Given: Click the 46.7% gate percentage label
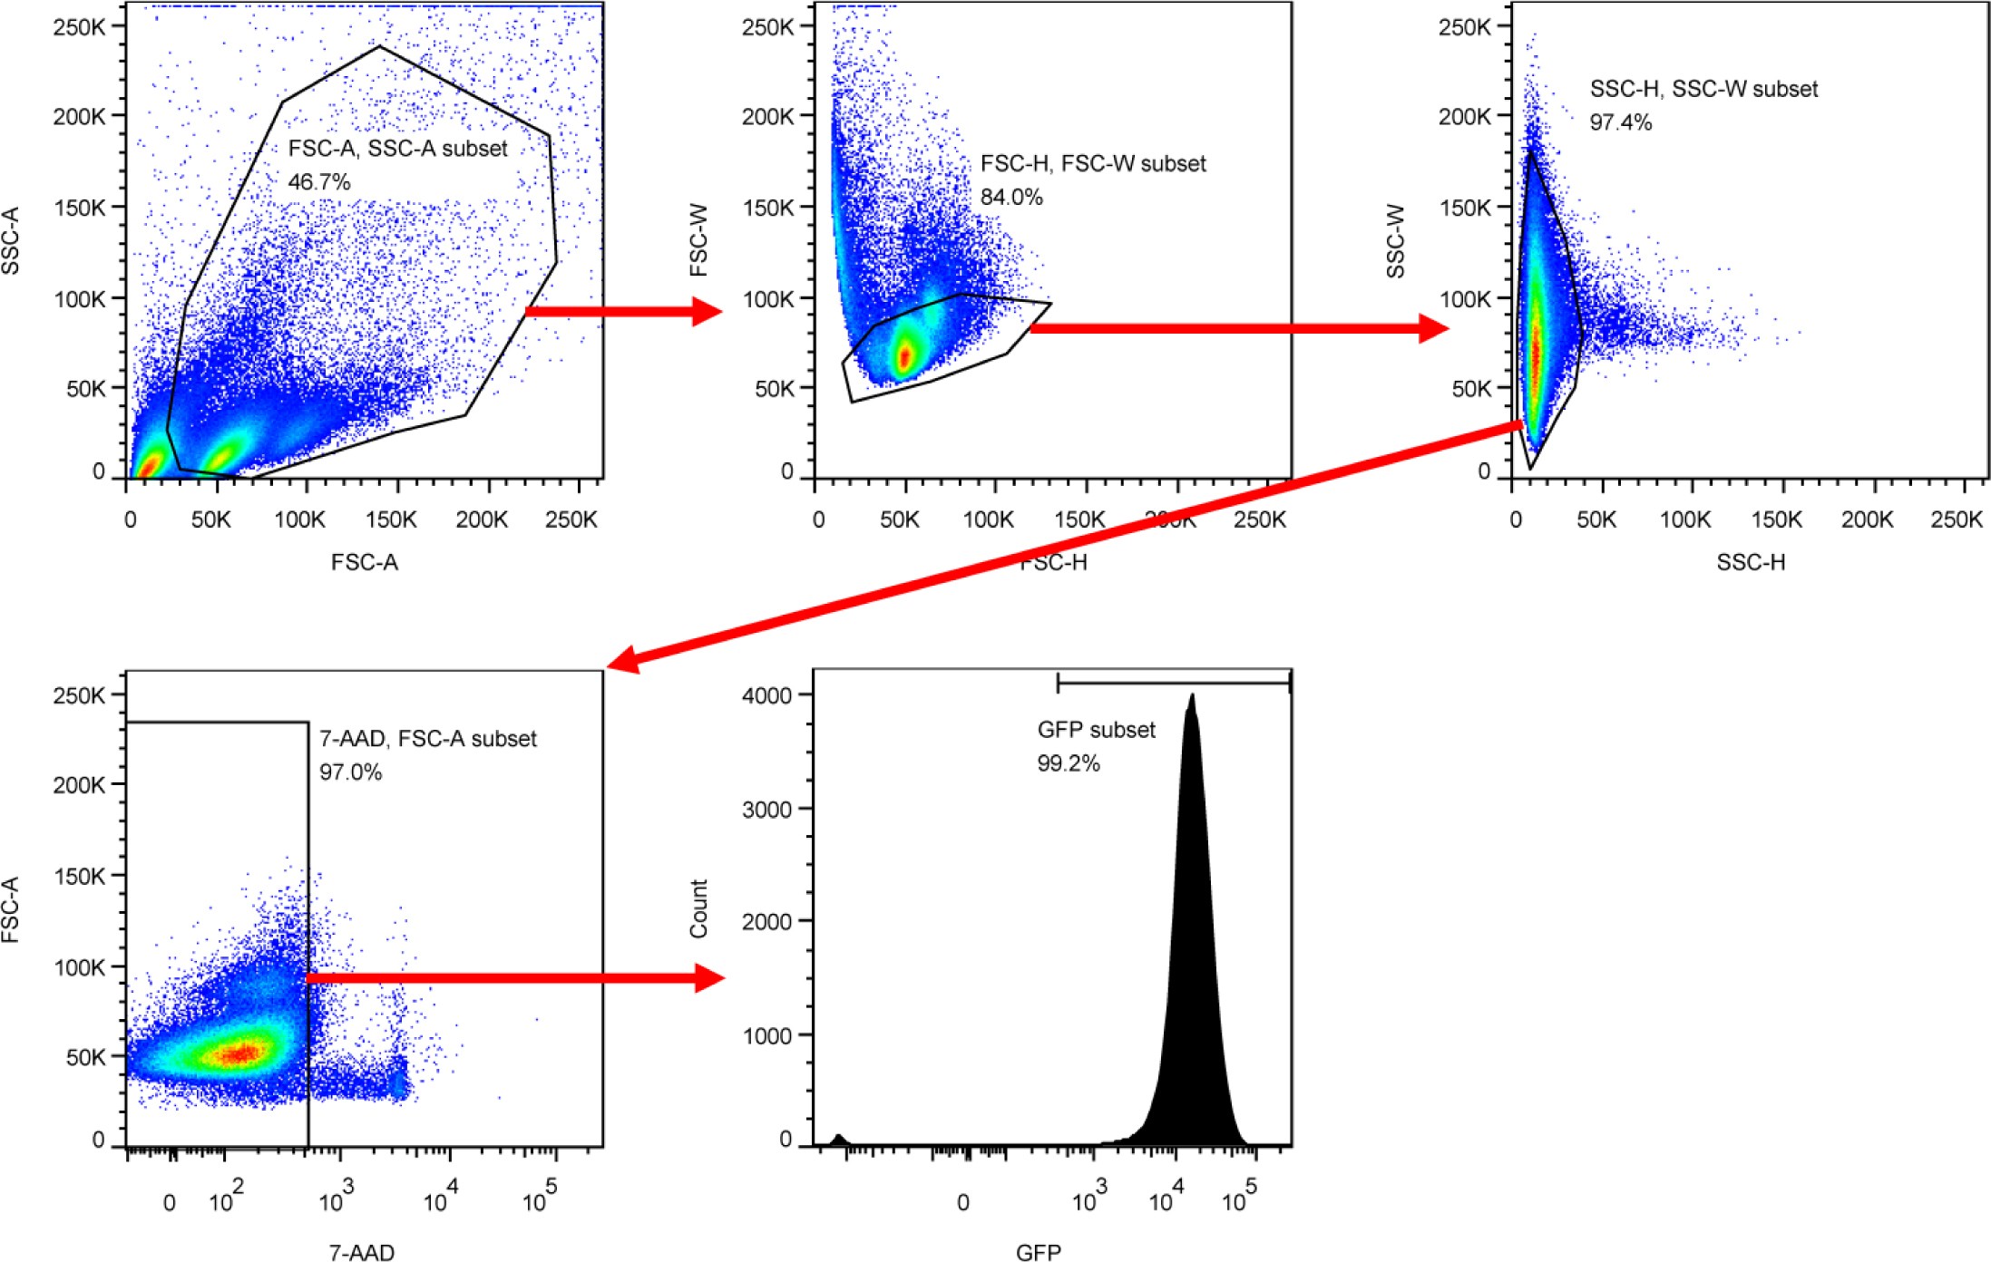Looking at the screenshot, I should [319, 182].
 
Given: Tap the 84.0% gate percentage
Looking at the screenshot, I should [1011, 198].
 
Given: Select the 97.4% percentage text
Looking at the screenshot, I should [1620, 122].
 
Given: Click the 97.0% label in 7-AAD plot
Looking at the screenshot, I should [350, 772].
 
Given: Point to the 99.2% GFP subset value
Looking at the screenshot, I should [1069, 763].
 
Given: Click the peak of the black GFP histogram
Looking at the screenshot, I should [1192, 697].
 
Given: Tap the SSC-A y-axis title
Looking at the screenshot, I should [11, 241].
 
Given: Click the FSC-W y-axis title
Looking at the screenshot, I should [698, 240].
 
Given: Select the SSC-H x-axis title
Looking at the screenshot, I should [1751, 563].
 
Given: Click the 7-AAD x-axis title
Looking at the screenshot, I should [361, 1252].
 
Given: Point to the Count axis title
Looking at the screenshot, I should [698, 908].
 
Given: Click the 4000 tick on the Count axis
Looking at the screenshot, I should [767, 695].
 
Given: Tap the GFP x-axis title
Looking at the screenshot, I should [1038, 1252].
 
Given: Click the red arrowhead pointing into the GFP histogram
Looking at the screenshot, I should [709, 978].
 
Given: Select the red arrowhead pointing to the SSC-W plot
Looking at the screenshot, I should [1433, 327].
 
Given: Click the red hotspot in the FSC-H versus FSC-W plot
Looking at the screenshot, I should [904, 356].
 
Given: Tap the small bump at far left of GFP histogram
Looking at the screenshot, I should [839, 1139].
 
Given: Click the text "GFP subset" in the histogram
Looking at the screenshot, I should [1096, 730].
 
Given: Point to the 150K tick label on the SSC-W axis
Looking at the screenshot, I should [1464, 208].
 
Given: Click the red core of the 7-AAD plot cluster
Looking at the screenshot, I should [241, 1053].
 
